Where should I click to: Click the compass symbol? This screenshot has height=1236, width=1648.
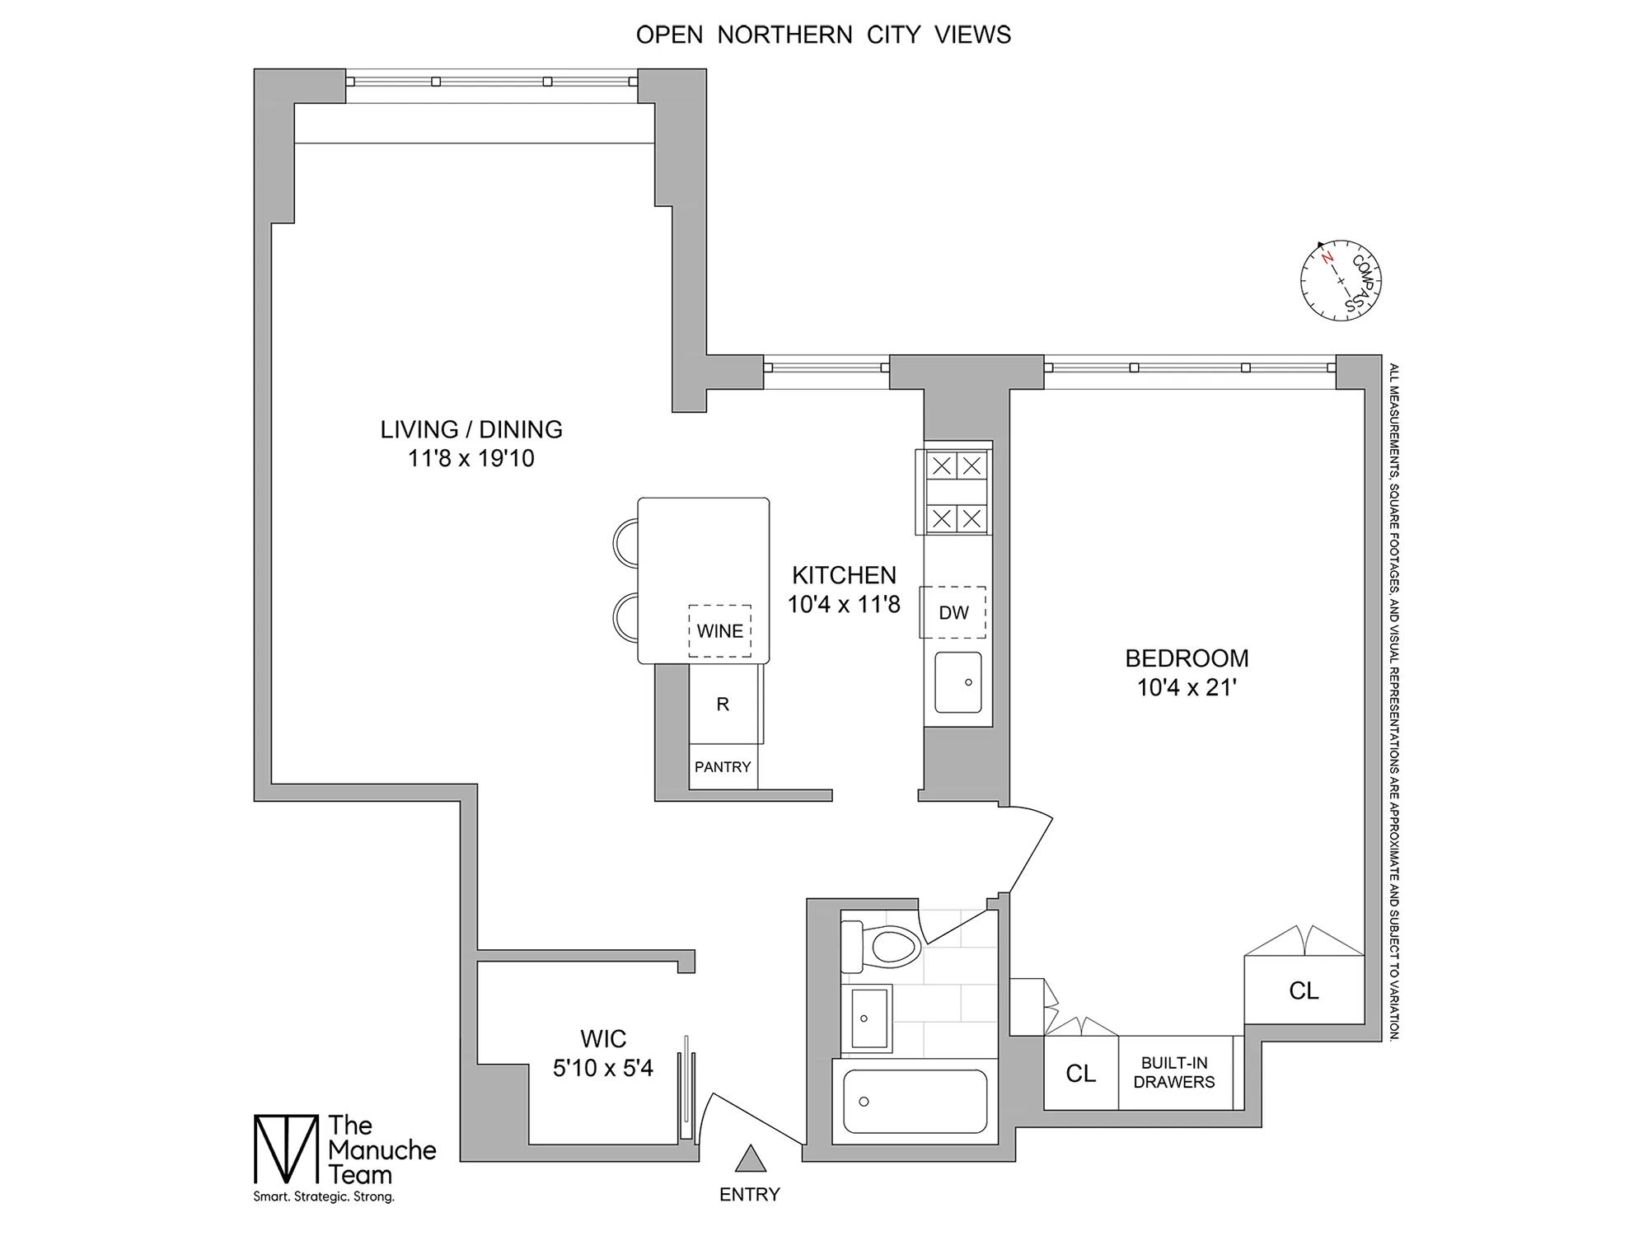1341,281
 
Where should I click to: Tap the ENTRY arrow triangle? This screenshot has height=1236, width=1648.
750,1159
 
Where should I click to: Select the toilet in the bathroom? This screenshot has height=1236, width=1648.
882,946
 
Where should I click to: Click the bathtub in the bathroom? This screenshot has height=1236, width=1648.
915,1102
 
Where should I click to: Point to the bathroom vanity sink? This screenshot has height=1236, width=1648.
868,1018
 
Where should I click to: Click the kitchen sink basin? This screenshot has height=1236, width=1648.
958,683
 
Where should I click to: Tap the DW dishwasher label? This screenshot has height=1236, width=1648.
953,612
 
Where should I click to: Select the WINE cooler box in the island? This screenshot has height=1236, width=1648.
720,631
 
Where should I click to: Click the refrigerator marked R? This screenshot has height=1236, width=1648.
723,705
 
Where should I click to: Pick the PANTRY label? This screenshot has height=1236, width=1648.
723,767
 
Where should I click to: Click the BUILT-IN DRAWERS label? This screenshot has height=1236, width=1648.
1174,1073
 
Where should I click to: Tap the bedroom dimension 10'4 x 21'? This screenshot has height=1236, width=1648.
1187,687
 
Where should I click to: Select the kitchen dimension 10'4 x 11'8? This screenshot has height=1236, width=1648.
844,604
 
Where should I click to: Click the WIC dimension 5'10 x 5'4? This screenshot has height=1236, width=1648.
603,1068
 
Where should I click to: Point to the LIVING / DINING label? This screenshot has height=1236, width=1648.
471,429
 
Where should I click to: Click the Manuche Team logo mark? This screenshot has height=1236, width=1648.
285,1149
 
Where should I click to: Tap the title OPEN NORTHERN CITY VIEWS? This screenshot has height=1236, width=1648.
823,35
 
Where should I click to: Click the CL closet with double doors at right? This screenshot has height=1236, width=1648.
1304,990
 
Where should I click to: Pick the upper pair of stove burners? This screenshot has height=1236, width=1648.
957,466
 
